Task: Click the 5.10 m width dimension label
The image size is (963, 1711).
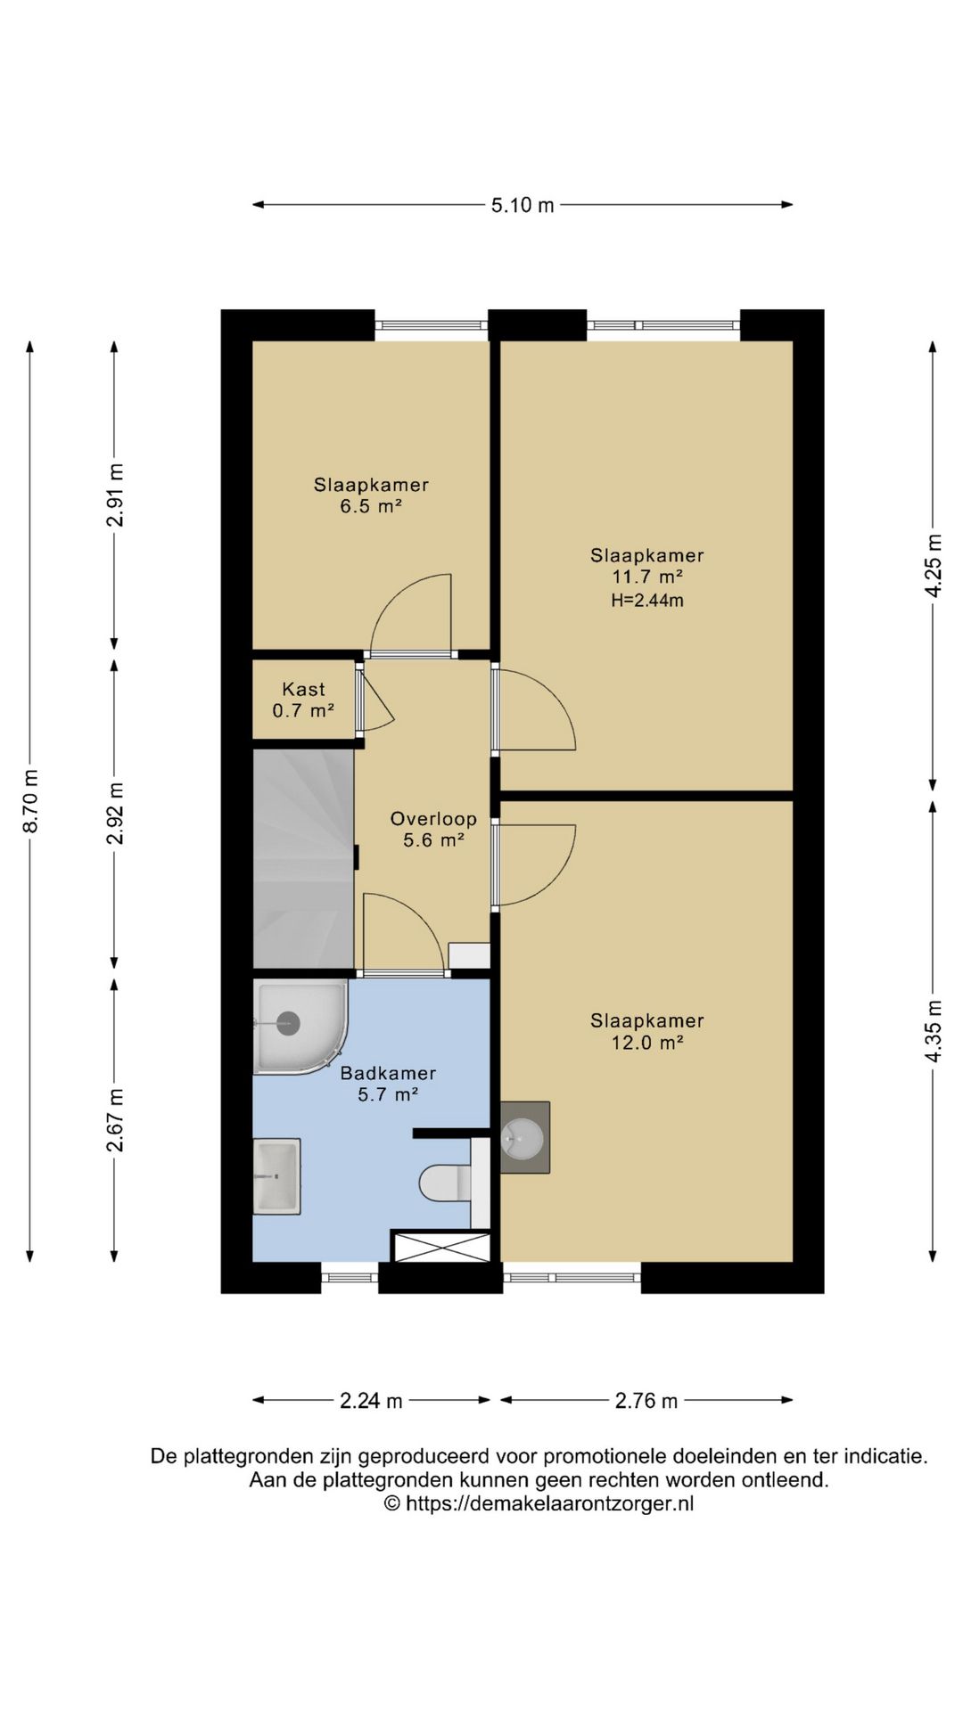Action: [x=523, y=205]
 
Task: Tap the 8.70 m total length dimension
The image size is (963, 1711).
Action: [x=30, y=800]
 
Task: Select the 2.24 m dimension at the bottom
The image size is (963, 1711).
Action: [x=371, y=1401]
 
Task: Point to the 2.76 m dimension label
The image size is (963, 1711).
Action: [x=646, y=1401]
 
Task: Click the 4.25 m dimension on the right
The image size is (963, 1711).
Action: [x=934, y=566]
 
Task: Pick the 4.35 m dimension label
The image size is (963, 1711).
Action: [x=934, y=1031]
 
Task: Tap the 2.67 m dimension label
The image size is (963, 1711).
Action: [x=115, y=1119]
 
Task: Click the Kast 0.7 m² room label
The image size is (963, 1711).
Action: [x=303, y=700]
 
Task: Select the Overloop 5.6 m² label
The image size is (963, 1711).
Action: [x=433, y=829]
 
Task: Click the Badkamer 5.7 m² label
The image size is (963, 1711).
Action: [x=388, y=1084]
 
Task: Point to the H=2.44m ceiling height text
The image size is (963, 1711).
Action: [x=647, y=601]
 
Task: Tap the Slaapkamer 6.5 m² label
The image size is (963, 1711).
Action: [x=371, y=495]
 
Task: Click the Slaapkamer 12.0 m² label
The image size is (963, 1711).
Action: [x=647, y=1031]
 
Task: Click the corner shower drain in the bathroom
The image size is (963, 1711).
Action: [x=288, y=1023]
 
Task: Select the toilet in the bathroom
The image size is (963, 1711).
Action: [x=445, y=1183]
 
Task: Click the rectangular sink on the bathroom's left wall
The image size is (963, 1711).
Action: [x=276, y=1176]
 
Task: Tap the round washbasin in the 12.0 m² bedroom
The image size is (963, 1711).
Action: [x=523, y=1138]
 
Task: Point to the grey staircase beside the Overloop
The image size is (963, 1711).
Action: [x=304, y=858]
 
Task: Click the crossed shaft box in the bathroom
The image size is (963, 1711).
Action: [x=440, y=1246]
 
